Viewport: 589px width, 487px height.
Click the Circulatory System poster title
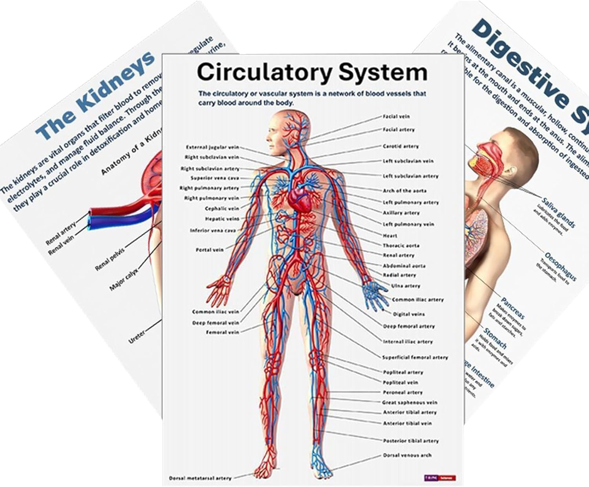(312, 73)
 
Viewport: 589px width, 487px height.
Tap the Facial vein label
(396, 117)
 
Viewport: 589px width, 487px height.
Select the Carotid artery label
(401, 146)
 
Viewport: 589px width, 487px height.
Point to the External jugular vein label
(212, 147)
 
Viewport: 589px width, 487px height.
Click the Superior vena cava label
(215, 178)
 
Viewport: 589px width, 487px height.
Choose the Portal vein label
(210, 250)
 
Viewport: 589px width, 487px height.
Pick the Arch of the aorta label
(404, 190)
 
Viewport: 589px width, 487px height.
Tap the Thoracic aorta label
(401, 245)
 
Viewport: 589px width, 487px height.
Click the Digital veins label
(409, 314)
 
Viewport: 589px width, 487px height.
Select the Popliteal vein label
(401, 382)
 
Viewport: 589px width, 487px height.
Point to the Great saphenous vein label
(410, 403)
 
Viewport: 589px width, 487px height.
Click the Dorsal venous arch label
(407, 456)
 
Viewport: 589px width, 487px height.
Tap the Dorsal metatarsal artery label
(200, 478)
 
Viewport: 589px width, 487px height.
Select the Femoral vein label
(223, 332)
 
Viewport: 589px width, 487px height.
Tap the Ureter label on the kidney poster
(137, 337)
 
